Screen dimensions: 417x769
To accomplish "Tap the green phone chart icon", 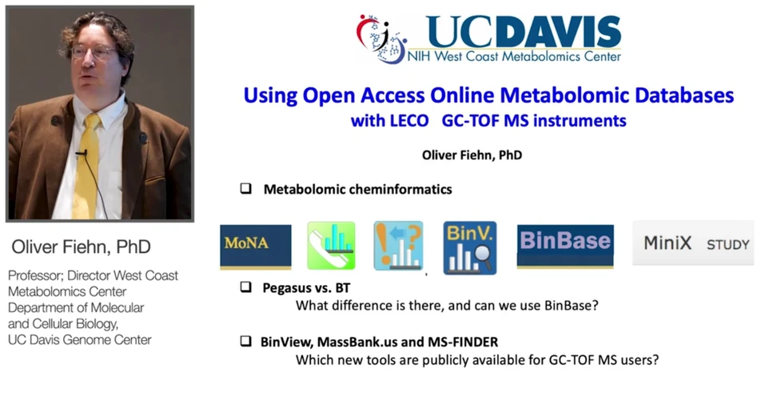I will click(331, 245).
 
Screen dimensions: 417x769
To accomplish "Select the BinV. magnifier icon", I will click(470, 247).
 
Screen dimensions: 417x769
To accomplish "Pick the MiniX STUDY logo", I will click(692, 243).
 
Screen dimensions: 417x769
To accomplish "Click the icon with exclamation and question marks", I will click(398, 245).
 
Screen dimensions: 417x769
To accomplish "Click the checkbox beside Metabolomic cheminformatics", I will click(246, 189).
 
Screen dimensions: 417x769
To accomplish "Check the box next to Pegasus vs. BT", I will click(246, 286).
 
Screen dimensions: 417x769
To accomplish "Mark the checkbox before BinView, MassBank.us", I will click(246, 341).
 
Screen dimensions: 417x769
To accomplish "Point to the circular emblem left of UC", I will click(381, 37).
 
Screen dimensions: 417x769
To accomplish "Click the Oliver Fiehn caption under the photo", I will click(81, 247).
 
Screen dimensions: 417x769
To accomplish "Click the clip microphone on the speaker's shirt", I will click(81, 152).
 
